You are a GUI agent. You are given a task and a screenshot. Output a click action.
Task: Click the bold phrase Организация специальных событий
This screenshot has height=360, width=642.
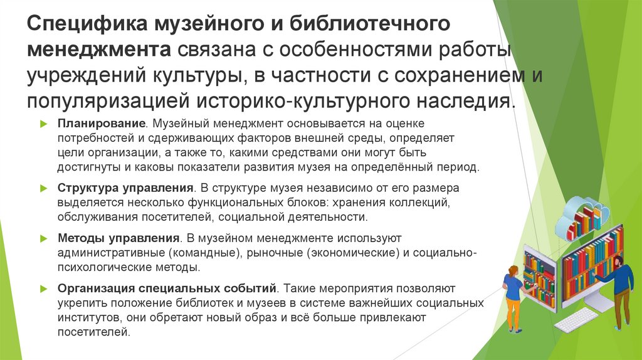pyautogui.click(x=167, y=289)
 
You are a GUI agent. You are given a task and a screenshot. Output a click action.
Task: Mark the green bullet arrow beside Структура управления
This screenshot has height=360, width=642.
pyautogui.click(x=43, y=188)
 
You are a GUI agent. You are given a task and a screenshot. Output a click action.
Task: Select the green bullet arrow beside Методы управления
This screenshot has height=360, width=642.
pyautogui.click(x=43, y=238)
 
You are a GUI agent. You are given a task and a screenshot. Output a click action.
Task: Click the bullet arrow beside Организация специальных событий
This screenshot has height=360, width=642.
pyautogui.click(x=43, y=289)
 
